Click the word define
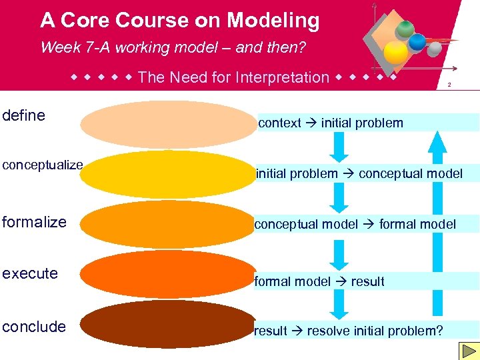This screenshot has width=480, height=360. click(24, 115)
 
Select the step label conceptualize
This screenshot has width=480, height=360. click(42, 165)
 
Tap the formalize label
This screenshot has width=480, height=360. click(34, 222)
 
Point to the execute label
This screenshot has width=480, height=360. click(30, 273)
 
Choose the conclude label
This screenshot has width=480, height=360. click(34, 327)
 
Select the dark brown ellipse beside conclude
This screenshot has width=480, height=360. click(167, 324)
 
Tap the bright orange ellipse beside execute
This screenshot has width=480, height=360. click(167, 274)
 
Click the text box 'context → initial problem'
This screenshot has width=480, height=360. click(331, 123)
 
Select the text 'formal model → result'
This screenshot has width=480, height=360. click(319, 281)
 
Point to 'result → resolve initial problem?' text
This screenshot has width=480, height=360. click(348, 331)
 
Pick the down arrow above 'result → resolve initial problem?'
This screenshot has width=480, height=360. click(340, 305)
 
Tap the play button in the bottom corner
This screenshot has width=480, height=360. click(467, 351)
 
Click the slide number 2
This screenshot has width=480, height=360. click(449, 85)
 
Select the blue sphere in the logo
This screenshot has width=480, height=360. click(417, 42)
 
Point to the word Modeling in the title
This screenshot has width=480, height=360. click(273, 21)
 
